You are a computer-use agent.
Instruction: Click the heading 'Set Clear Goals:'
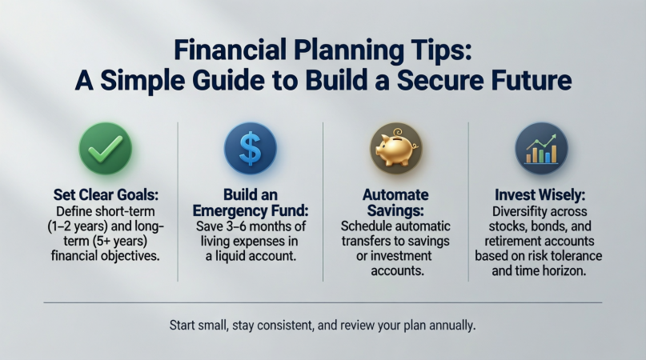[105, 194]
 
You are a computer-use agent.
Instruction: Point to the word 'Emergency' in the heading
[250, 211]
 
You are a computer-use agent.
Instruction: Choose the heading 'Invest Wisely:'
[541, 194]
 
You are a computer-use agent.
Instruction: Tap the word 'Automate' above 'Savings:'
[395, 194]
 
